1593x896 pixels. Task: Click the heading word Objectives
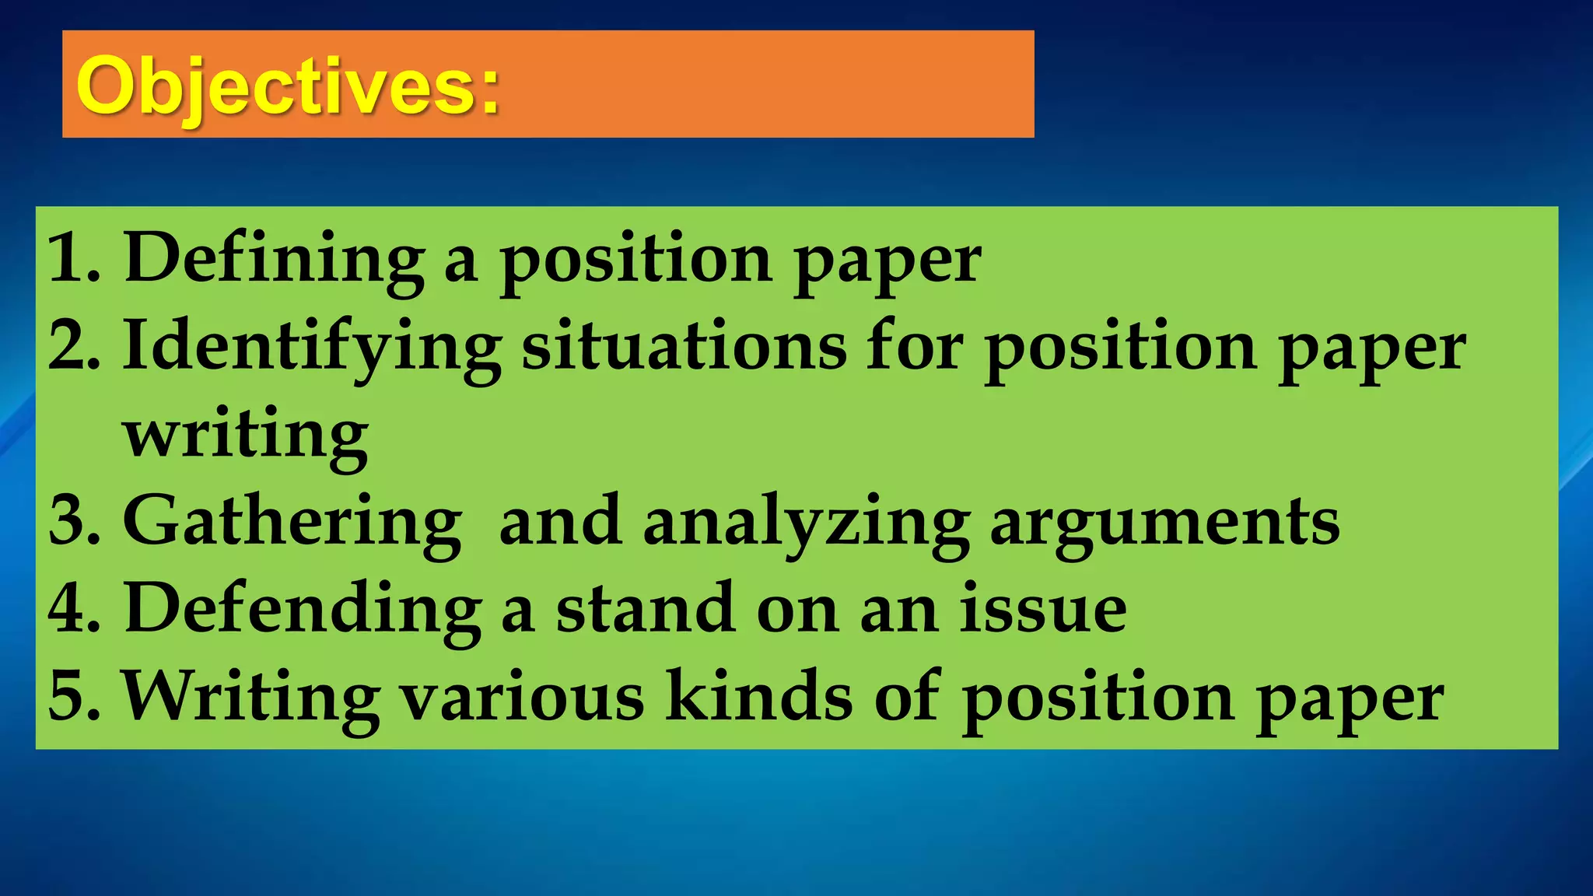click(288, 87)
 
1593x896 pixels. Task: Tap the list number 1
click(73, 258)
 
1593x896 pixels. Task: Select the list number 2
click(73, 346)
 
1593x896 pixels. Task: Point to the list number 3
click(73, 521)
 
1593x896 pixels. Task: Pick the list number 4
click(73, 608)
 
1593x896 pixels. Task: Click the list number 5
click(73, 696)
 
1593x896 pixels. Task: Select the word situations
click(684, 346)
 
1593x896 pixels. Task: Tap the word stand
click(645, 608)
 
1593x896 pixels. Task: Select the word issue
click(1042, 608)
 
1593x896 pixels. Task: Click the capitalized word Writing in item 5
click(251, 698)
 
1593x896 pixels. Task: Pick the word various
click(522, 696)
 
